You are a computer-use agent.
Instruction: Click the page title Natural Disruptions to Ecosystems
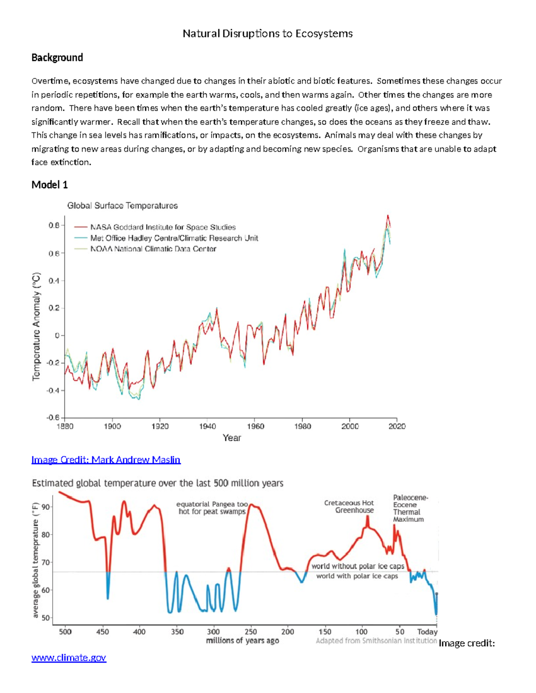[x=268, y=34]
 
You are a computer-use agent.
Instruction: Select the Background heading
[x=57, y=58]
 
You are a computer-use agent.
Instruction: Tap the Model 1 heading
[x=50, y=185]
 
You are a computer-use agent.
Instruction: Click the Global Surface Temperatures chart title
[x=122, y=206]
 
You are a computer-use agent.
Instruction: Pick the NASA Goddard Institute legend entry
[x=163, y=227]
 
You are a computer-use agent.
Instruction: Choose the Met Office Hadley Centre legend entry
[x=174, y=238]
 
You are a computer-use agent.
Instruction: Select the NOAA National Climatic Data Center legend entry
[x=153, y=249]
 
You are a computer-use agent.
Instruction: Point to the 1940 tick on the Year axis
[x=208, y=426]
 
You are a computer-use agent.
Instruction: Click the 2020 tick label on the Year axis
[x=397, y=426]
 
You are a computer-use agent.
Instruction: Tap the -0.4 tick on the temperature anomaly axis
[x=53, y=390]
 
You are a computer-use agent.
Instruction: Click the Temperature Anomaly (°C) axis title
[x=37, y=326]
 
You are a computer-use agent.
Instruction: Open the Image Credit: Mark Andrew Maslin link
[x=106, y=460]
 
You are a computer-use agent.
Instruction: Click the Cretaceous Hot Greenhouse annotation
[x=349, y=506]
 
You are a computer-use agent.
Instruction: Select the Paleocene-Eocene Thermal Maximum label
[x=410, y=508]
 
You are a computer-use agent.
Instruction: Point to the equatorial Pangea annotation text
[x=212, y=508]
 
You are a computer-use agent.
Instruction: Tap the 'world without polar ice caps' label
[x=357, y=566]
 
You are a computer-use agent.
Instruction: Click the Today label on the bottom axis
[x=427, y=632]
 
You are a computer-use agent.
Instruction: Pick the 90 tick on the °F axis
[x=46, y=507]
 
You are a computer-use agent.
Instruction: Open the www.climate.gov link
[x=69, y=658]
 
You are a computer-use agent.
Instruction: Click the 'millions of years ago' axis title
[x=243, y=641]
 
